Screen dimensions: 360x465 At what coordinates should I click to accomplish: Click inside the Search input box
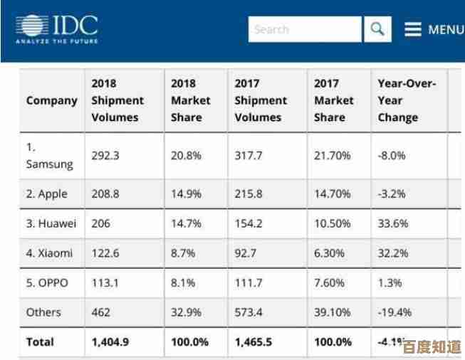305,30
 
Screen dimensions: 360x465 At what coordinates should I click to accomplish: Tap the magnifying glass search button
377,30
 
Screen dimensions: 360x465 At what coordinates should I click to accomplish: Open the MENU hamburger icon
413,30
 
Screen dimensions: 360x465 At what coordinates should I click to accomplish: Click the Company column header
51,100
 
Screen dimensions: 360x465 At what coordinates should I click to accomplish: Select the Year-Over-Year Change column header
407,100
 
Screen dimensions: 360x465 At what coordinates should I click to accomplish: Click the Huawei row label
51,223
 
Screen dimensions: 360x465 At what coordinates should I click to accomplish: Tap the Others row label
43,312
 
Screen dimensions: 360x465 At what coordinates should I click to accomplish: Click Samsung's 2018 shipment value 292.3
106,157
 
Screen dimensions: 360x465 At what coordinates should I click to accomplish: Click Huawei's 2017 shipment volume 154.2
249,223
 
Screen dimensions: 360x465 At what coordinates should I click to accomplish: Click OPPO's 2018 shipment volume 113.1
105,282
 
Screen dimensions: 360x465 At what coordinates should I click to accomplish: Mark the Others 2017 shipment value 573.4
249,312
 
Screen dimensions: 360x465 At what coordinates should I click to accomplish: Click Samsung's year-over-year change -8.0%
392,157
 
